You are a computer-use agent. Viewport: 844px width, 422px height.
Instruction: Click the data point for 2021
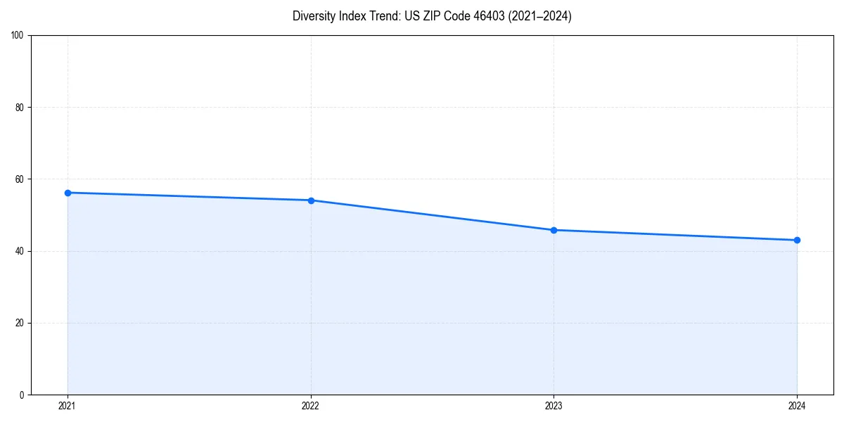(68, 193)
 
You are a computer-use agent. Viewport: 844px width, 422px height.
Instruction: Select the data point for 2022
(311, 200)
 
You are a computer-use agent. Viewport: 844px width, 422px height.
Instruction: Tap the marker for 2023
(554, 230)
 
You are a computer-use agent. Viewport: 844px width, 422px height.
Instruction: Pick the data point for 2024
(797, 240)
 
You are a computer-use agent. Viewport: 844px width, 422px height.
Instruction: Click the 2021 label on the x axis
(68, 406)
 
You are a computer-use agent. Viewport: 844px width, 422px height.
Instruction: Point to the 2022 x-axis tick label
(311, 406)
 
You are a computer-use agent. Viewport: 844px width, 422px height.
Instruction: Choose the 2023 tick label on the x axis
(554, 406)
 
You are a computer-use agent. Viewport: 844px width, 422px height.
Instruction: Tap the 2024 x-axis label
(797, 406)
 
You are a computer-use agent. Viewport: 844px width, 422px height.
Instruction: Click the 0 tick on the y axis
(22, 395)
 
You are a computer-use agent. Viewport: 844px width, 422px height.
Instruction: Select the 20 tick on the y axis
(20, 323)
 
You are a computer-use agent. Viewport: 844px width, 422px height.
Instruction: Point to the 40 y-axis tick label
(20, 251)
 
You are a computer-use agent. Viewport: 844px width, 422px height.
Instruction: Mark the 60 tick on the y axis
(20, 179)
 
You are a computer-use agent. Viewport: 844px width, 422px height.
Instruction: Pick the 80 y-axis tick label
(20, 108)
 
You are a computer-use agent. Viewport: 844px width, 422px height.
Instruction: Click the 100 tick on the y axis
(18, 36)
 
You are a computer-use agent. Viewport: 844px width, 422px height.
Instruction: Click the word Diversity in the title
(314, 16)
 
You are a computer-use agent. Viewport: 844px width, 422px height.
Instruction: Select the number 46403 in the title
(483, 16)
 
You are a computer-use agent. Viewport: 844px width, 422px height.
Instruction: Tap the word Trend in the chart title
(383, 16)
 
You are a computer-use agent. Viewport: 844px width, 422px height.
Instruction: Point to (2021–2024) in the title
(539, 16)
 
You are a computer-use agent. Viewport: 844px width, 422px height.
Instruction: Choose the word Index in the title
(352, 16)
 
